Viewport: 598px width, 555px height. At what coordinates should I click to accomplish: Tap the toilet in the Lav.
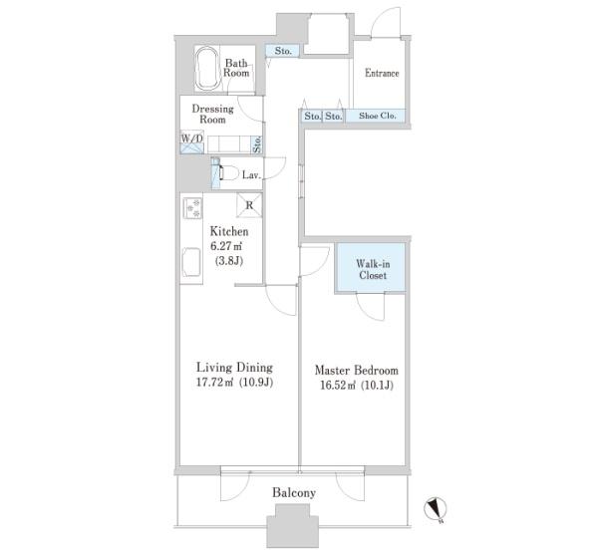[x=227, y=173]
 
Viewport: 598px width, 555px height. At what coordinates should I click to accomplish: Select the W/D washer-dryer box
[x=191, y=142]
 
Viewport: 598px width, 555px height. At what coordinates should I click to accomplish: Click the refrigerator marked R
[x=249, y=205]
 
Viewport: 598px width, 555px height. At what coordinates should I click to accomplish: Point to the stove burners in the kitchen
[x=192, y=208]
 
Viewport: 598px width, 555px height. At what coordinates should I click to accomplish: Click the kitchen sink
[x=191, y=263]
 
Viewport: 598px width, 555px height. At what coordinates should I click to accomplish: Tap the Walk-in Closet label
[x=373, y=269]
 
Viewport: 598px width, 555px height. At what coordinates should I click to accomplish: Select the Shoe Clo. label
[x=377, y=116]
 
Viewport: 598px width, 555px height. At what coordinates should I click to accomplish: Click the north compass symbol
[x=436, y=509]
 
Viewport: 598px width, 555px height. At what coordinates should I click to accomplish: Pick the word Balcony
[x=294, y=492]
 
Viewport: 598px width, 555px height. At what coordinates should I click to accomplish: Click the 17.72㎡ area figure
[x=214, y=382]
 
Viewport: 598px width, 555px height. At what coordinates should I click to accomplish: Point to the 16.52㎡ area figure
[x=337, y=385]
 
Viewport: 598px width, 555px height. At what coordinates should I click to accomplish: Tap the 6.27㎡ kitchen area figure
[x=226, y=246]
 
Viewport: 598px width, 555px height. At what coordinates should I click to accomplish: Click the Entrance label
[x=382, y=73]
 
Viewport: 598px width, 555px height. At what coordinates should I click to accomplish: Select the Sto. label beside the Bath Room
[x=283, y=51]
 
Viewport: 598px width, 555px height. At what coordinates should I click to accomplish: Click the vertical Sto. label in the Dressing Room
[x=257, y=145]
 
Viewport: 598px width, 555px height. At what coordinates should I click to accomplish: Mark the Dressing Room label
[x=212, y=114]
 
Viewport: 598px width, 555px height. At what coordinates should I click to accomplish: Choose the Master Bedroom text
[x=357, y=370]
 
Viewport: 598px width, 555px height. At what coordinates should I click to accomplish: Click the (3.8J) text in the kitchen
[x=229, y=261]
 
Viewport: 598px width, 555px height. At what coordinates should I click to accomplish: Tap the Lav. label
[x=251, y=175]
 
